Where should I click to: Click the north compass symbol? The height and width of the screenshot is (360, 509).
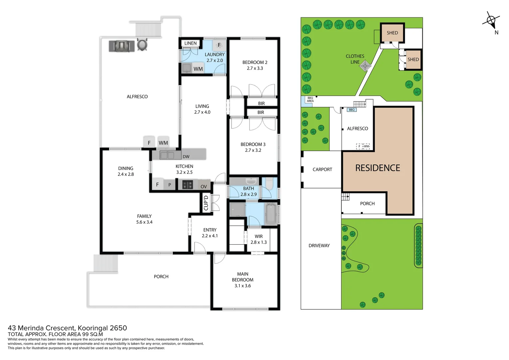point(491,21)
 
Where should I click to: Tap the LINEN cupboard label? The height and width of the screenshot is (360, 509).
point(190,43)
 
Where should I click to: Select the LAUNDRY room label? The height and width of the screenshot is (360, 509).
point(215,55)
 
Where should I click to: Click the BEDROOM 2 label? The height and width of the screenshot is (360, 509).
point(255,62)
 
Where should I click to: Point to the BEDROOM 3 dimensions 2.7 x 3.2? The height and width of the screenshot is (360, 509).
point(253,150)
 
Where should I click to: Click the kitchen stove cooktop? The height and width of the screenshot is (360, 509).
point(188,185)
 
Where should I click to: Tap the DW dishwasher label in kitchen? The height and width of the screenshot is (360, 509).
point(186,157)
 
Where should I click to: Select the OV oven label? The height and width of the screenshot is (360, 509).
point(204,187)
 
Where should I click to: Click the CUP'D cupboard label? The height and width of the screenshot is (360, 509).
point(206,203)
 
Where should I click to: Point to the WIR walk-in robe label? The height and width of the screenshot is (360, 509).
point(258,236)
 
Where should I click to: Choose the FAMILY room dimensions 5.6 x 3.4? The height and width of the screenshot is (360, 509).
point(144,222)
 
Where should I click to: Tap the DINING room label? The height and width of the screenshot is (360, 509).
point(126,168)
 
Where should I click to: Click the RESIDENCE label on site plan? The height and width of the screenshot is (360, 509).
point(377,168)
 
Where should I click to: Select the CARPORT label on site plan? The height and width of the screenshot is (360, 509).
point(322,169)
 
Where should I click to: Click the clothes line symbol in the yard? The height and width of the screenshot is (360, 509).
point(365,66)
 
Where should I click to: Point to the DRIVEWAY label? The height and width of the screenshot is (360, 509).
point(319,246)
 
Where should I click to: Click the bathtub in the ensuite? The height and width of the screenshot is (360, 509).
point(270,214)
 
